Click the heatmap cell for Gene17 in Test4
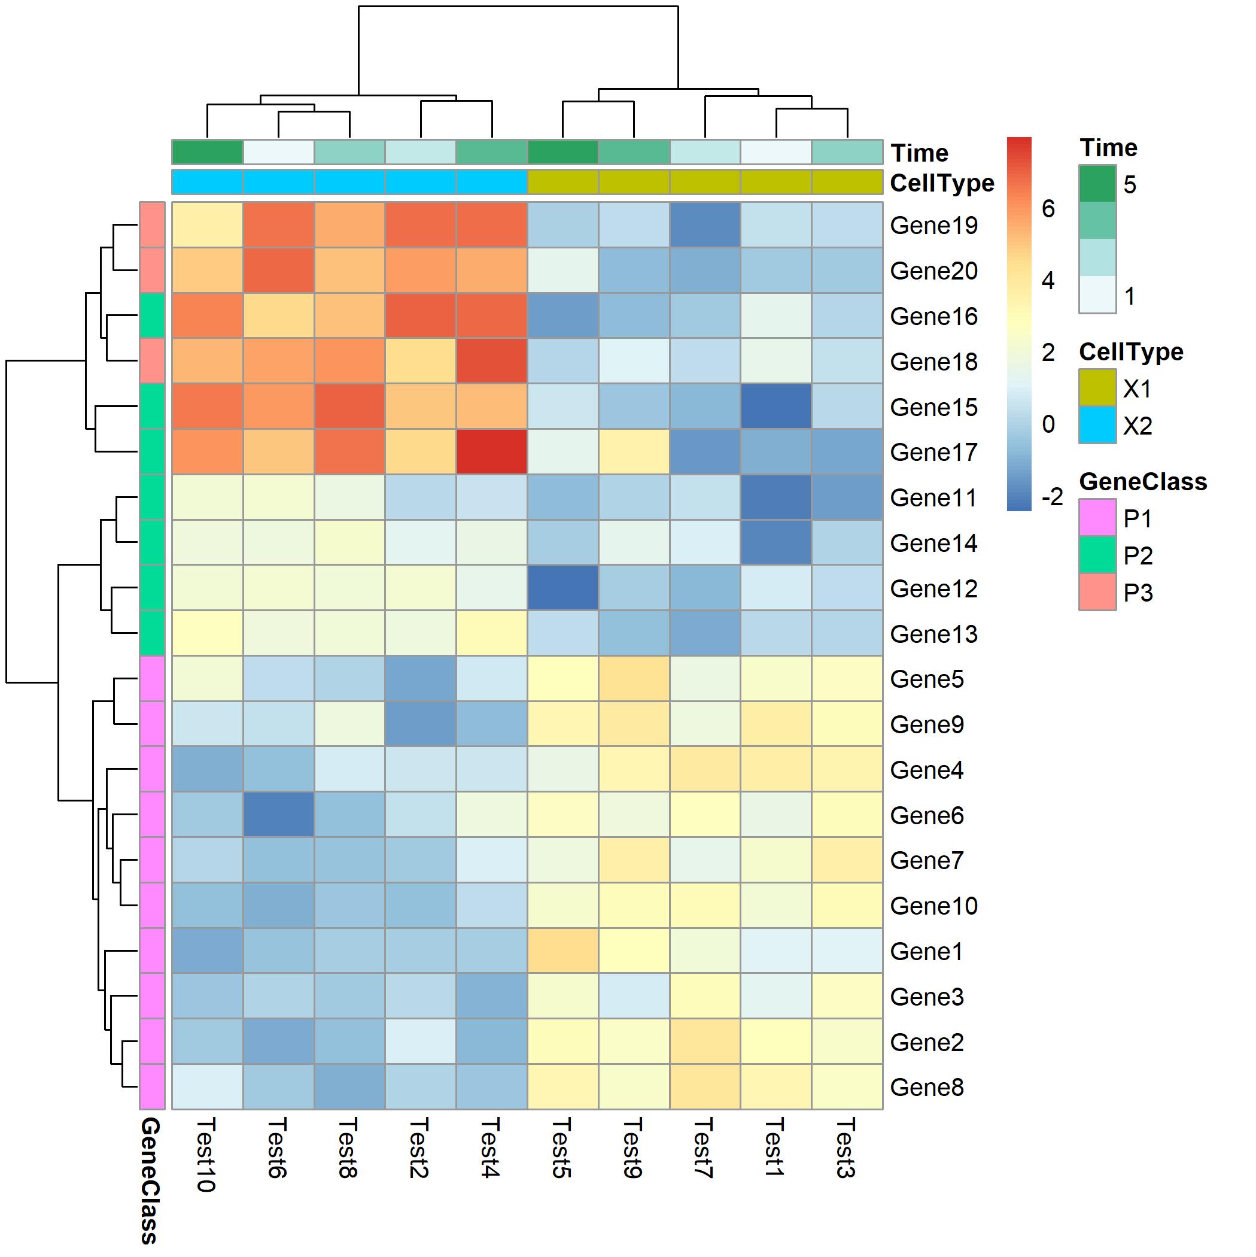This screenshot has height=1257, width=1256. [x=492, y=451]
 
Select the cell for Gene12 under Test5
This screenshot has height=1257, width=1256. [x=562, y=588]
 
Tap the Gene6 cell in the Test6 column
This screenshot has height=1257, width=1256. [x=278, y=814]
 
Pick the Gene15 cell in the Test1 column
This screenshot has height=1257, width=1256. [x=776, y=406]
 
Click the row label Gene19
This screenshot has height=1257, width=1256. [x=933, y=225]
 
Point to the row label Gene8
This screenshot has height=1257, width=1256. [x=926, y=1086]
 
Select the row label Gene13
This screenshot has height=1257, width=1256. [x=933, y=634]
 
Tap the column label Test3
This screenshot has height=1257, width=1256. [x=845, y=1147]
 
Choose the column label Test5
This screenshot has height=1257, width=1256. [x=561, y=1147]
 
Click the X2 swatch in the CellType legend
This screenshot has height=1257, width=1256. [x=1097, y=426]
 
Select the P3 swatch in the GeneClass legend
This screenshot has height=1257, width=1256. [x=1097, y=592]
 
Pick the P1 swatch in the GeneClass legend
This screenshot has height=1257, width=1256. [x=1097, y=518]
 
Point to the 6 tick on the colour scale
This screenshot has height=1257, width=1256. [x=1048, y=209]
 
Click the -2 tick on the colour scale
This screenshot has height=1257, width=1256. [x=1051, y=497]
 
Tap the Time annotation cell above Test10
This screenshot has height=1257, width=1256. [x=208, y=152]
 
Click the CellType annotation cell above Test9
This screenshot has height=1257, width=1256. [x=634, y=182]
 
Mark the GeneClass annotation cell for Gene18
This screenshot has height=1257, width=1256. [x=152, y=360]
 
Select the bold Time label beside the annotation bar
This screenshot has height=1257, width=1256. [x=919, y=153]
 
